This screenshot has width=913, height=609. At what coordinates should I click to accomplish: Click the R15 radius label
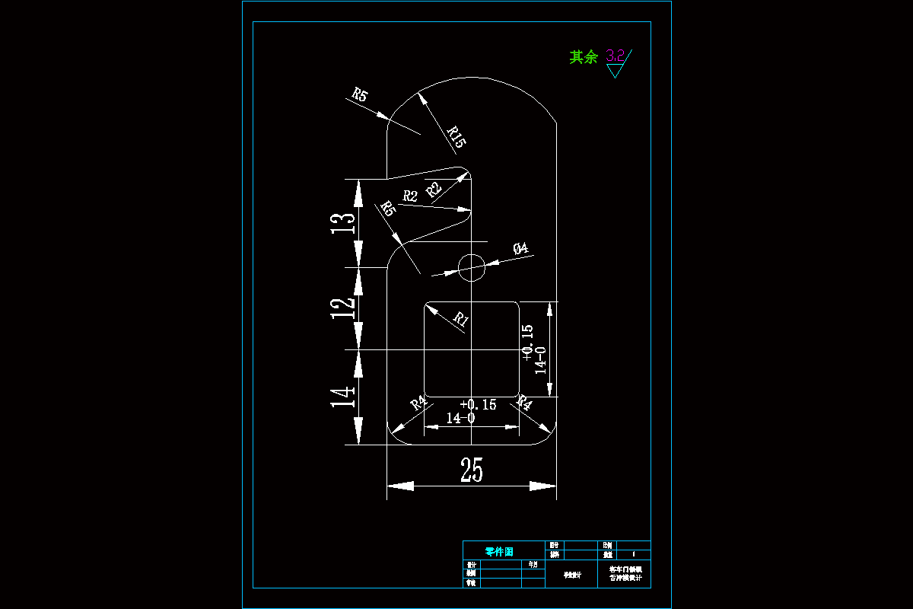tap(456, 137)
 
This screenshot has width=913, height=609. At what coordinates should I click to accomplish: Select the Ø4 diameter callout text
tap(521, 248)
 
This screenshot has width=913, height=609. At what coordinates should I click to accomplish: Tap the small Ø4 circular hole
tap(472, 266)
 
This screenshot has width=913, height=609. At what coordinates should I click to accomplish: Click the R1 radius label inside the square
tap(460, 319)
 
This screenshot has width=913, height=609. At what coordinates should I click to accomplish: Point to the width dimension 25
tap(472, 472)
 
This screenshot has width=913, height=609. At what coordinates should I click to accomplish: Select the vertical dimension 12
tap(344, 308)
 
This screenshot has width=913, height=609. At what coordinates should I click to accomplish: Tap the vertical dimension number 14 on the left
tap(344, 397)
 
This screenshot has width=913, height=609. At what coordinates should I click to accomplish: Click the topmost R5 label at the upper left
tap(360, 95)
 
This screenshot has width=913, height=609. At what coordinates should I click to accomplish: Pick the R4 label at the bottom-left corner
tap(418, 403)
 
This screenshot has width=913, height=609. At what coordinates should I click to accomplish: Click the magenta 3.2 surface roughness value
tap(615, 56)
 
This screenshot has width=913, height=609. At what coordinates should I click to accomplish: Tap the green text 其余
tap(584, 57)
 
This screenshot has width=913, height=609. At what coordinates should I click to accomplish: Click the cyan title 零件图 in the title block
tap(499, 551)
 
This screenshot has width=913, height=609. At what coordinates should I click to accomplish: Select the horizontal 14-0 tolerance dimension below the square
tap(460, 418)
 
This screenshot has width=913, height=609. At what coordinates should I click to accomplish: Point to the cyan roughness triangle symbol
tap(615, 71)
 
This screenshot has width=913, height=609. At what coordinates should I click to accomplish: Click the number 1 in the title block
tap(634, 555)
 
